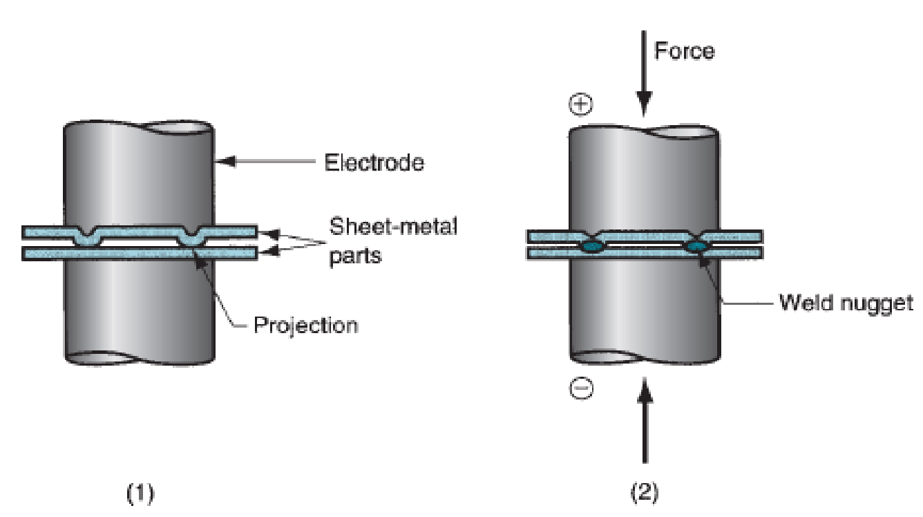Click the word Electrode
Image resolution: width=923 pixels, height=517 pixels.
click(x=374, y=163)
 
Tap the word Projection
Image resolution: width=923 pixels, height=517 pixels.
click(x=305, y=324)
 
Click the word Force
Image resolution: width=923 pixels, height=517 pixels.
click(x=684, y=51)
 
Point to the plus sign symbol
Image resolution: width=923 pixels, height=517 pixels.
click(x=582, y=105)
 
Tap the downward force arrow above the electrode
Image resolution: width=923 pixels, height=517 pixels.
click(x=644, y=76)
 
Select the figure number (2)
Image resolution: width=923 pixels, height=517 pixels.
click(x=645, y=493)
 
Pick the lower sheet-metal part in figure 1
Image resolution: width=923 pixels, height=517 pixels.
click(x=138, y=254)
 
